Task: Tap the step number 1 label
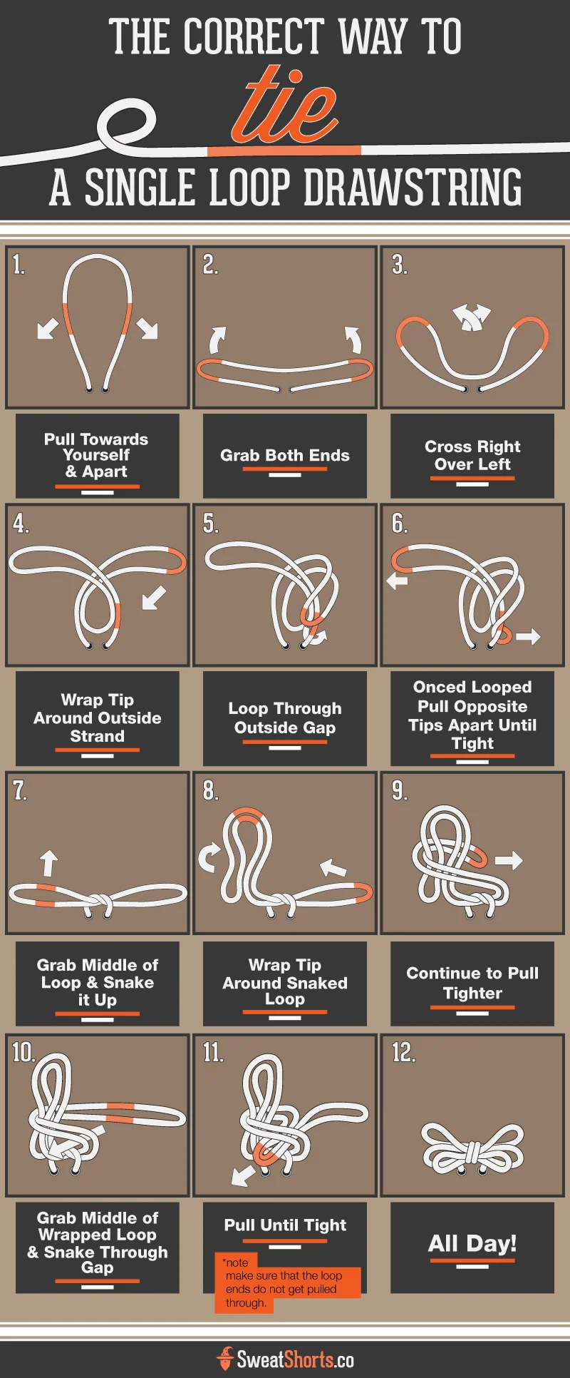[x=19, y=265]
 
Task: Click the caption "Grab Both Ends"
[x=285, y=455]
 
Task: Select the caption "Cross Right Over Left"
[x=472, y=455]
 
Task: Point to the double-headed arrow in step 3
[x=472, y=316]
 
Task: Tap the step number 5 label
[x=210, y=524]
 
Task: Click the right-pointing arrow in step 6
[x=528, y=636]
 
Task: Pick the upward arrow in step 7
[x=48, y=862]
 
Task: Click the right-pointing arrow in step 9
[x=509, y=860]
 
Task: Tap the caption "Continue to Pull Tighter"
[x=472, y=983]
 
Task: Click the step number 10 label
[x=23, y=1052]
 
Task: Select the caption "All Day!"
[x=472, y=1243]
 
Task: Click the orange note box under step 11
[x=288, y=1289]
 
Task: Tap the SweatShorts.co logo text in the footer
[x=294, y=1359]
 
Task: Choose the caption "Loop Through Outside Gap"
[x=285, y=718]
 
